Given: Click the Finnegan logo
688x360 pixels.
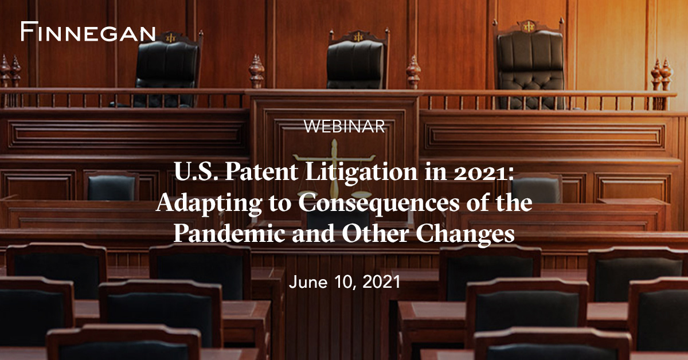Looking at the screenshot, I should point(88,32).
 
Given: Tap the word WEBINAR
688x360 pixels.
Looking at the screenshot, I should point(344,127).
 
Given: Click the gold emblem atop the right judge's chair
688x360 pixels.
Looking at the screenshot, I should point(528,26).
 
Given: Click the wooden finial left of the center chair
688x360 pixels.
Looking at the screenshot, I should point(256,72).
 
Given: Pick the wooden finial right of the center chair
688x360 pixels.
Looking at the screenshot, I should point(413,72).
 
